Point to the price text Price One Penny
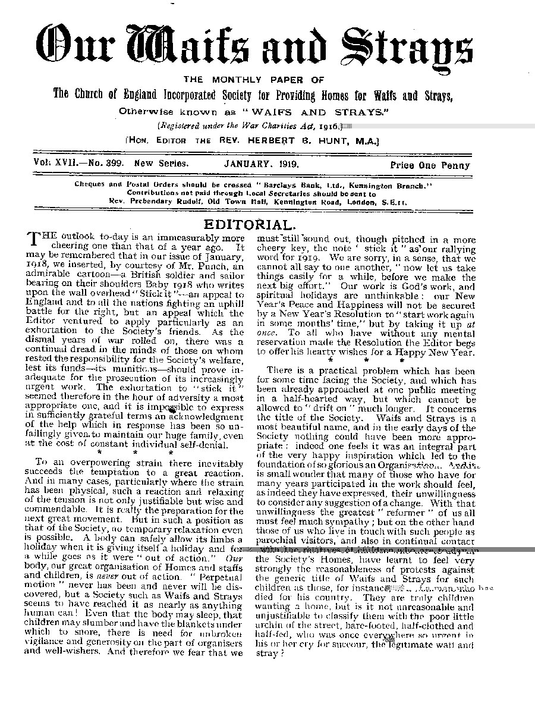tap(430, 166)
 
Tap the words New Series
tap(162, 164)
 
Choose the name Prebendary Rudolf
tap(169, 202)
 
